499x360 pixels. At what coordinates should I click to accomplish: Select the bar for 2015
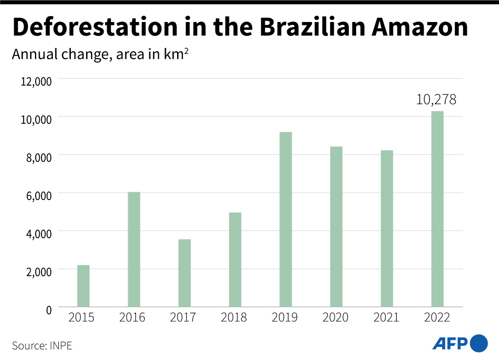tap(83, 286)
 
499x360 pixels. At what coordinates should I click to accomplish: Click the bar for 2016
tap(134, 249)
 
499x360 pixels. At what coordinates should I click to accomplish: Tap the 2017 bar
tap(184, 273)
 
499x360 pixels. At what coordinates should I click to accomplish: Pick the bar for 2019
tap(286, 220)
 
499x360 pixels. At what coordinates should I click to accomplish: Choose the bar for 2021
tap(386, 228)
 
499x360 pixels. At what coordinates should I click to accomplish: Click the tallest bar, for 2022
tap(437, 209)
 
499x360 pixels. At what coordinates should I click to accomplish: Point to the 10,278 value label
tap(436, 100)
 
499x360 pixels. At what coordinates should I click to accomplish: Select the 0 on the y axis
tap(49, 309)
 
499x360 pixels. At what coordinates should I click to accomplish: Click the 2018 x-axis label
tap(234, 318)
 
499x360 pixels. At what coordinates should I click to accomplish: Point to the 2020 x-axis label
tap(336, 318)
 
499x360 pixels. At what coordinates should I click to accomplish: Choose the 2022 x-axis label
tap(437, 318)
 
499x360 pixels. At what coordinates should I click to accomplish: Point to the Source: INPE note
tap(42, 345)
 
